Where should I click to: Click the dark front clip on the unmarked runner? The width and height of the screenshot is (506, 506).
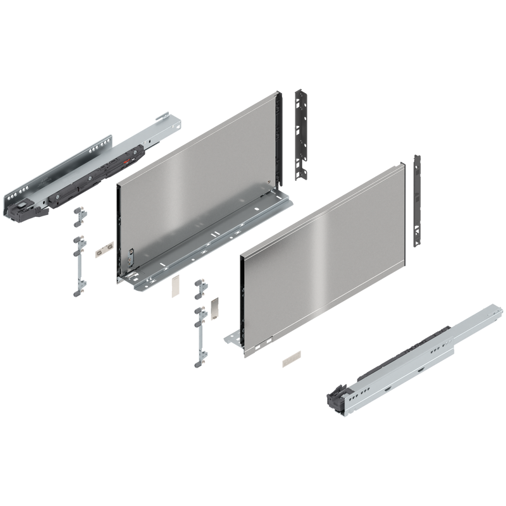tap(335, 398)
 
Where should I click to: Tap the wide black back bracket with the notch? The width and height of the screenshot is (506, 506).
tap(302, 136)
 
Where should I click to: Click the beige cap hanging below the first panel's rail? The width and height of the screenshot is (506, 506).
tap(175, 288)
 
